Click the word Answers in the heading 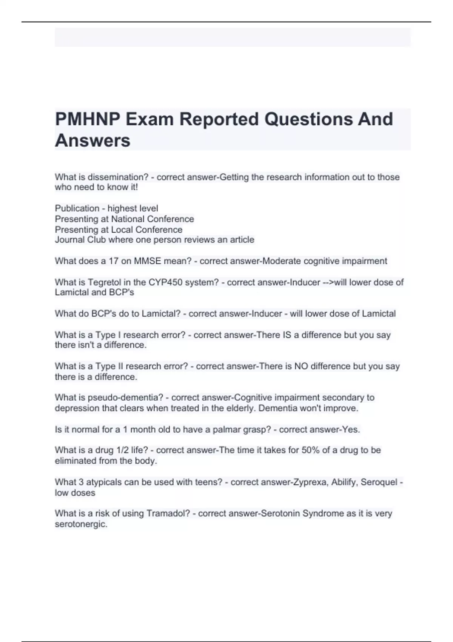tap(92, 140)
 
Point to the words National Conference tap(153, 219)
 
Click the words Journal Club tap(80, 240)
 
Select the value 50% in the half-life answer tap(311, 450)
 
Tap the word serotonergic tap(81, 524)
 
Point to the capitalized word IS tap(287, 335)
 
